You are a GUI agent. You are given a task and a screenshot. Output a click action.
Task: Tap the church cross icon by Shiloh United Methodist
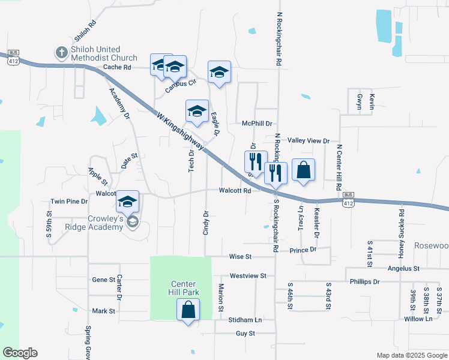[x=61, y=53]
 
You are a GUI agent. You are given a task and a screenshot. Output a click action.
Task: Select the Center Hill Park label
[x=184, y=288]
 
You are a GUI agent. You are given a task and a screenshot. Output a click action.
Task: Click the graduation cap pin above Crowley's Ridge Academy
[x=127, y=202]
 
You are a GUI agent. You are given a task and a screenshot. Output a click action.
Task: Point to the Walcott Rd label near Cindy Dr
[x=234, y=191]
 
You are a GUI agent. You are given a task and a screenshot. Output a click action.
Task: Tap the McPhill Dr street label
[x=257, y=123]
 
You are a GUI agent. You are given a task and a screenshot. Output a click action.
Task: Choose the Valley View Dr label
[x=309, y=140]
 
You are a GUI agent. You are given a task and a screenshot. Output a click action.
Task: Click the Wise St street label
[x=240, y=256]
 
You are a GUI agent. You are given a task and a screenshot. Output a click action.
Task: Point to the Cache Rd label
[x=117, y=68]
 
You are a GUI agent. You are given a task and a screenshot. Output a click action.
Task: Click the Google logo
[x=19, y=353]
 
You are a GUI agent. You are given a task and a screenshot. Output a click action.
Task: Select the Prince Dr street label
[x=303, y=250]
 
